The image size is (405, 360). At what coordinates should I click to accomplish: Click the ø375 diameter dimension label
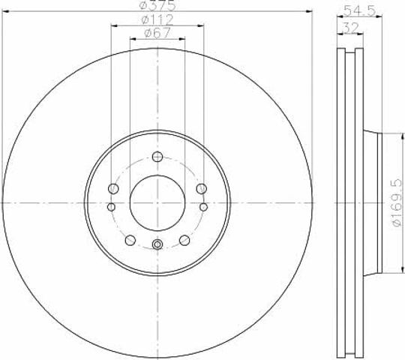click(x=157, y=4)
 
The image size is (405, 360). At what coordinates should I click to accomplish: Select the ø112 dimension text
click(x=157, y=19)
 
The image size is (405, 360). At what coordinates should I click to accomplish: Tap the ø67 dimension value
click(x=157, y=33)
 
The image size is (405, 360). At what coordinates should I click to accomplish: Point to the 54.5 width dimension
click(x=360, y=10)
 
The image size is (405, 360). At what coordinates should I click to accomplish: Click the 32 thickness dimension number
click(x=350, y=28)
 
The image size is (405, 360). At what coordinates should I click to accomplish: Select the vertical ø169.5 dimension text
click(x=397, y=202)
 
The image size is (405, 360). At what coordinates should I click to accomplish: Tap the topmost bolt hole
click(x=157, y=157)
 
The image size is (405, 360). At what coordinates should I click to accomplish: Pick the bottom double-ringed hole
click(x=157, y=244)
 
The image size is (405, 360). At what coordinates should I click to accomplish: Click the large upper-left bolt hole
click(x=113, y=188)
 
